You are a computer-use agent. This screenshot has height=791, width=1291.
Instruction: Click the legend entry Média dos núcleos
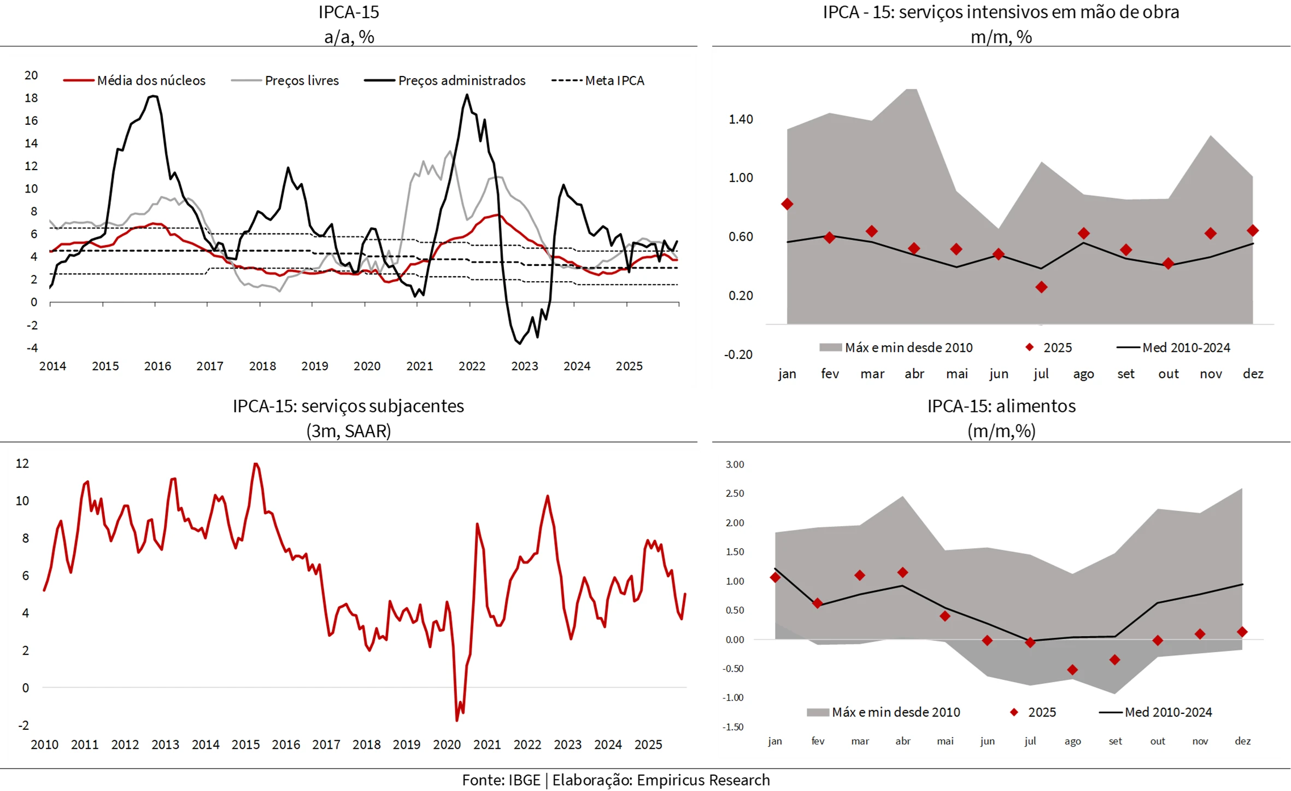[x=151, y=80]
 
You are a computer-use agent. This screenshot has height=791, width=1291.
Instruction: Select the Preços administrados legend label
[x=461, y=80]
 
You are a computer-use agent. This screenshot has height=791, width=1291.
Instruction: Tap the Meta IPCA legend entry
[x=614, y=80]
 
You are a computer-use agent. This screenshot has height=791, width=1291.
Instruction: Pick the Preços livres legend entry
[x=302, y=80]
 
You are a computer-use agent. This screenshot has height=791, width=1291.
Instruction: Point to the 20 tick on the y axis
[x=31, y=75]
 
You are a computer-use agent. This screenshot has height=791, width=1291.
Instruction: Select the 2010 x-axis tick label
[x=44, y=745]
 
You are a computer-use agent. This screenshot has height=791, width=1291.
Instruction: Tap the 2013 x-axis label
[x=165, y=745]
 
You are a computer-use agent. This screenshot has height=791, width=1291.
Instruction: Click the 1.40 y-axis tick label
[x=741, y=119]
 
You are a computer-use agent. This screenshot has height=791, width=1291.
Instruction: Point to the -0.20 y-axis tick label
[x=738, y=354]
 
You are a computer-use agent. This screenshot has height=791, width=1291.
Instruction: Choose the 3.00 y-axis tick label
[x=735, y=464]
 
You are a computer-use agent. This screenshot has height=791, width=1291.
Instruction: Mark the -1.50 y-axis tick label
[x=733, y=727]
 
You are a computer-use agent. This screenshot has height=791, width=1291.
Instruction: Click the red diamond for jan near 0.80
[x=787, y=204]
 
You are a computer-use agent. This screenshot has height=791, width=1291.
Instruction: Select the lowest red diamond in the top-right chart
[x=1041, y=287]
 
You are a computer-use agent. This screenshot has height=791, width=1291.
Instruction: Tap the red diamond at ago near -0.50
[x=1072, y=670]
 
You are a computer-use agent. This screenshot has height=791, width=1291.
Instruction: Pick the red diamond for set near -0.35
[x=1115, y=660]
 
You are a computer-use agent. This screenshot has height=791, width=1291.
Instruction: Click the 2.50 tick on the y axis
[x=735, y=493]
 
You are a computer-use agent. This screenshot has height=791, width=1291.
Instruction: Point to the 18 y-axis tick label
[x=31, y=98]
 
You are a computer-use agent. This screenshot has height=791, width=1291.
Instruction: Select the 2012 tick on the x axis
[x=125, y=745]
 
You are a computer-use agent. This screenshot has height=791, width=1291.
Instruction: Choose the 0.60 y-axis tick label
[x=741, y=237]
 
